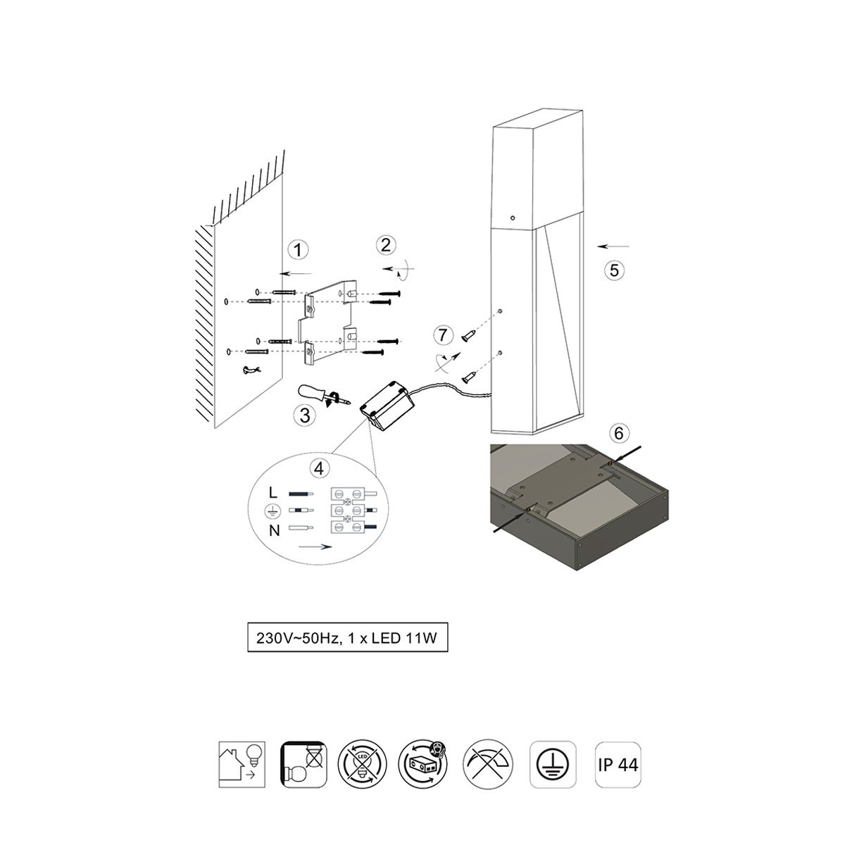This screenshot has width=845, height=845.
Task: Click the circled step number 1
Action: tap(298, 250)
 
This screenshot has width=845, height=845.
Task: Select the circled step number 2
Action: tap(386, 244)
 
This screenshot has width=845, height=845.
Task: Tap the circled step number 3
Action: tap(305, 415)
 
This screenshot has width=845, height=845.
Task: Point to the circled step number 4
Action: tap(319, 468)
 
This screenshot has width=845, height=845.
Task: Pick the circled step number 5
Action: tap(614, 270)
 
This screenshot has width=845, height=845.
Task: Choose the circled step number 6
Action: tap(619, 433)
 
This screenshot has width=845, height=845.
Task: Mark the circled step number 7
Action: tap(443, 335)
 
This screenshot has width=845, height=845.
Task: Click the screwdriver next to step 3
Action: tap(324, 395)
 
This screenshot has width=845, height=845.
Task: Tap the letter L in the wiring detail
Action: tap(273, 493)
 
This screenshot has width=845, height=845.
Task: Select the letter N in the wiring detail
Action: tap(274, 531)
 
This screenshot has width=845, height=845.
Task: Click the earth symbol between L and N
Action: tap(271, 511)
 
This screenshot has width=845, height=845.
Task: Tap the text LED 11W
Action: tap(404, 637)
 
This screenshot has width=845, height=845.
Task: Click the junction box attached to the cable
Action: tap(386, 406)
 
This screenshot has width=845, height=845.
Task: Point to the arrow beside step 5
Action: tap(613, 246)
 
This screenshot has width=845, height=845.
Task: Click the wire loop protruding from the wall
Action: tap(251, 370)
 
